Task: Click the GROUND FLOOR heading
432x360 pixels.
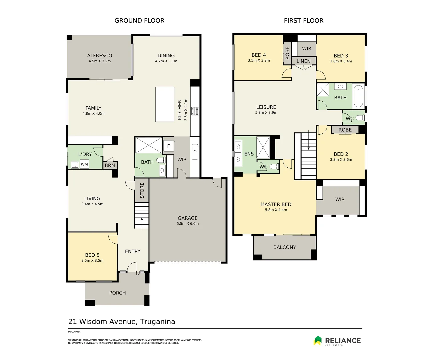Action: (x=139, y=21)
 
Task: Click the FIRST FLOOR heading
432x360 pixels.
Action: (x=303, y=21)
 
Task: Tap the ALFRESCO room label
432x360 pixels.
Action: (x=100, y=56)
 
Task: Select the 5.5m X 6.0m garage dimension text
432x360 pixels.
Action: (x=188, y=224)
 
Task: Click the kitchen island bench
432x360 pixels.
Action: (x=165, y=104)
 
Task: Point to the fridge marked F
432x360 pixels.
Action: (x=168, y=146)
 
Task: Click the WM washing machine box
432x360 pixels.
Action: (x=84, y=164)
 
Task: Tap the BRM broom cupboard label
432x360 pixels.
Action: (x=110, y=165)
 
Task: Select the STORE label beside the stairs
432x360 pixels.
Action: (x=142, y=190)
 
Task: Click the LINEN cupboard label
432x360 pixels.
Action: (x=303, y=61)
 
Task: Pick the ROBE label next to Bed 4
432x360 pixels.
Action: (x=287, y=53)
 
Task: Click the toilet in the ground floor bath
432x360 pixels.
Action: (x=161, y=160)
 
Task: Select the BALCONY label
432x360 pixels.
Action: (x=285, y=247)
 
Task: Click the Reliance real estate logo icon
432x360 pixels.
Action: (x=318, y=340)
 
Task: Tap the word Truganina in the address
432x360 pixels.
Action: (x=157, y=322)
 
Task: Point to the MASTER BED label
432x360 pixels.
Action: (x=276, y=204)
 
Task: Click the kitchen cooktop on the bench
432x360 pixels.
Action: (x=195, y=111)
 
